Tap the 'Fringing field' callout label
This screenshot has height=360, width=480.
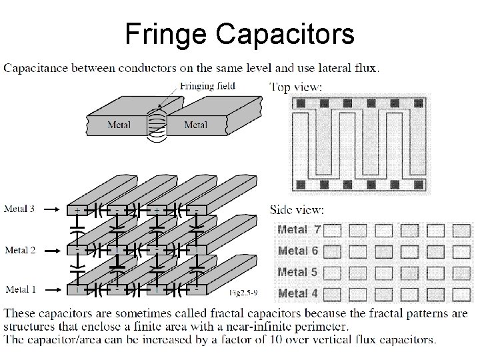207,86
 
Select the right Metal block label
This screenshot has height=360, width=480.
195,124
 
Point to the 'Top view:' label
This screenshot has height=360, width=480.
297,87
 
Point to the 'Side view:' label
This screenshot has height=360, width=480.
297,209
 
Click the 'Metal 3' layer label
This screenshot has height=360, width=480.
21,209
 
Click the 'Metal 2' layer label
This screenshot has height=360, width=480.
21,250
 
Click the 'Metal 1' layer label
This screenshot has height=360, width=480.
21,289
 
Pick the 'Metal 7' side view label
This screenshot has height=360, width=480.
299,230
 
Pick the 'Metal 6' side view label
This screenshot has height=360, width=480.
299,251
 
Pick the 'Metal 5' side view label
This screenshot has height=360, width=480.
299,272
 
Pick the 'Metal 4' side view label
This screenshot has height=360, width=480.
299,293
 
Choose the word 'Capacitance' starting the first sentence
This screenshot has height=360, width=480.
37,67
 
